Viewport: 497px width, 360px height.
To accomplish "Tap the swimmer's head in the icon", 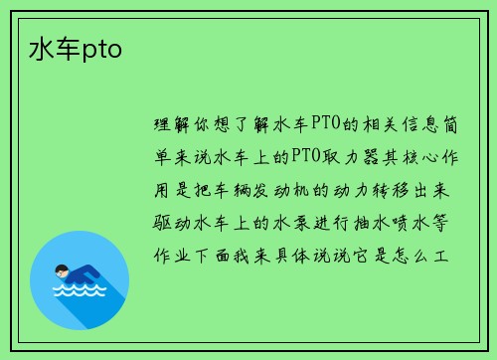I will (63, 270).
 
